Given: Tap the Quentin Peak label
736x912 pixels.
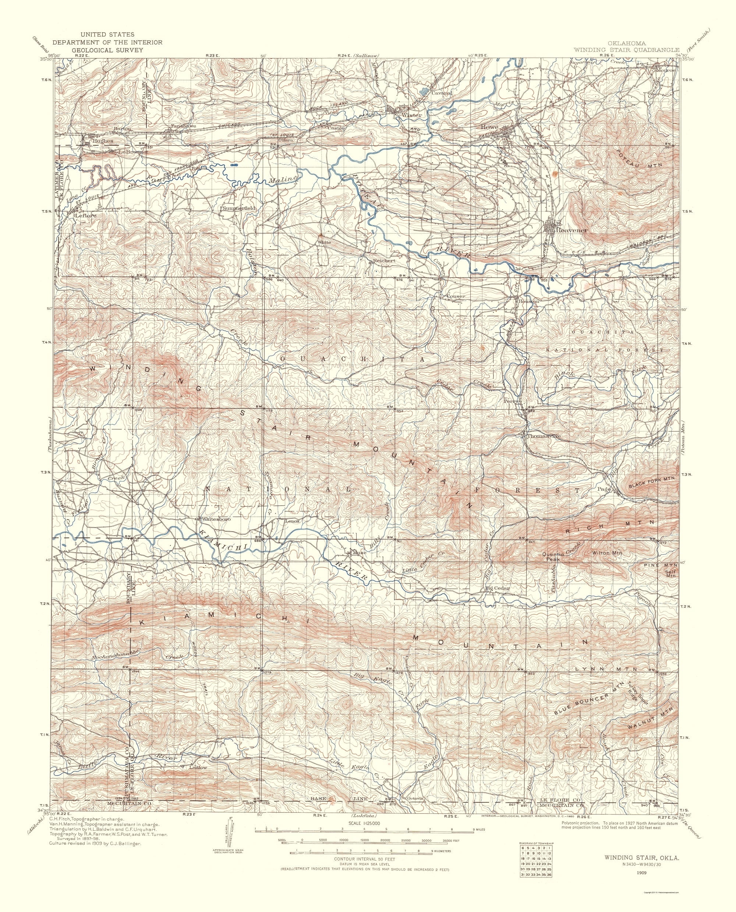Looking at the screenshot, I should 555,557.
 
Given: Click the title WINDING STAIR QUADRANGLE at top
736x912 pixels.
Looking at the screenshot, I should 626,50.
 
